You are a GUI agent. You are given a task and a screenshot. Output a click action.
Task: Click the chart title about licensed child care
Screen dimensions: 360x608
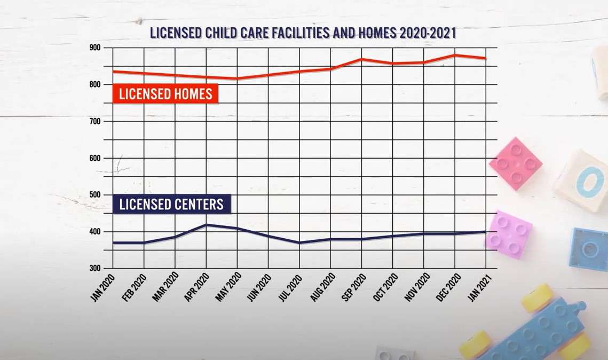coord(303,33)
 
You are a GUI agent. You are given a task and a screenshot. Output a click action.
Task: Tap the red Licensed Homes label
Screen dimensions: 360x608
coord(165,95)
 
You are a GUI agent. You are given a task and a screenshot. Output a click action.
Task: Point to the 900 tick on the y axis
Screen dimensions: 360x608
coord(96,48)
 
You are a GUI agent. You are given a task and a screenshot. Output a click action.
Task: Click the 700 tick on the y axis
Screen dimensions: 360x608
coord(96,121)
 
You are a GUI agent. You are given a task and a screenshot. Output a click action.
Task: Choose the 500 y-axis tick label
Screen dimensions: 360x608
coord(96,195)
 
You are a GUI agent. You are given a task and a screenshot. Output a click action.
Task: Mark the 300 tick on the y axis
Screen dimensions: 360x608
coord(96,269)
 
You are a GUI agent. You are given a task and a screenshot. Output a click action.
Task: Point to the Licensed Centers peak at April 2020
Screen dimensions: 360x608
coord(206,224)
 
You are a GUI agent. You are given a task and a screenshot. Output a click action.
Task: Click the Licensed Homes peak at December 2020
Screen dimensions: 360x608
coord(454,55)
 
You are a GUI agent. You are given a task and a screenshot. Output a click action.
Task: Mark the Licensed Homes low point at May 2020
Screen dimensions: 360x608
coord(237,79)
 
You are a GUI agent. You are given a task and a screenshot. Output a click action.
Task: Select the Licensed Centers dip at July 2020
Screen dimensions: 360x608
coord(299,242)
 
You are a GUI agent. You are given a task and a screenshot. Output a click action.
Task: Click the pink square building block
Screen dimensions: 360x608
coord(516,163)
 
